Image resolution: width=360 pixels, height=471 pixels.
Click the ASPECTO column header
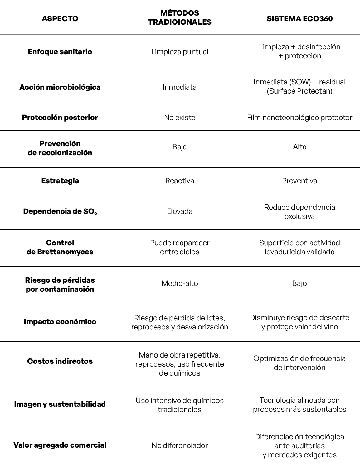(x=60, y=18)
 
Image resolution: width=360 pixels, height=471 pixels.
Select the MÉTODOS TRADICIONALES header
(x=180, y=17)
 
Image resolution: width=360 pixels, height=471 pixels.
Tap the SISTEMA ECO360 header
(x=299, y=18)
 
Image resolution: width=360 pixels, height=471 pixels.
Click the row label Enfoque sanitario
(x=60, y=51)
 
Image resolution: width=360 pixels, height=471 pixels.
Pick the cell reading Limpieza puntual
(x=180, y=51)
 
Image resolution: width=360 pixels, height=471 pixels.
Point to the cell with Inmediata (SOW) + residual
(x=299, y=86)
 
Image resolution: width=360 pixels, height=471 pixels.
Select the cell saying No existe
(x=180, y=117)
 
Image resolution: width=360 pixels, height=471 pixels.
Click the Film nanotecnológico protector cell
(x=299, y=117)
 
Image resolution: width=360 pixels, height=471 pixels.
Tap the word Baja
(x=180, y=147)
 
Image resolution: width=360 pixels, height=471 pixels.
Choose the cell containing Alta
(x=299, y=147)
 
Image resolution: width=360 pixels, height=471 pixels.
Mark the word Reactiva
(x=180, y=180)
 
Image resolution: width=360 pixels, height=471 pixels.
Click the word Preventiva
(x=299, y=180)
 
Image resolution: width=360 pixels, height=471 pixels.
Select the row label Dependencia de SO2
(x=60, y=211)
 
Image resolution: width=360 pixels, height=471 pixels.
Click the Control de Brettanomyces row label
(x=60, y=247)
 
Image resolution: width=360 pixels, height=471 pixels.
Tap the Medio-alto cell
(x=180, y=283)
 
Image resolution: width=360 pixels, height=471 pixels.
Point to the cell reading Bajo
(x=299, y=283)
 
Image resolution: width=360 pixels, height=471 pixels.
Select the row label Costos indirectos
(x=60, y=361)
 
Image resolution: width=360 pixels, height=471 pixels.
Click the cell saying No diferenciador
(x=180, y=445)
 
